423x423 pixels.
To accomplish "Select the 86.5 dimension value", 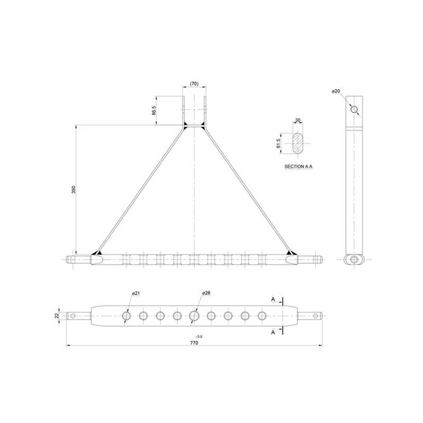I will [153, 111].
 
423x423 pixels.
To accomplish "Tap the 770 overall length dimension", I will [194, 342].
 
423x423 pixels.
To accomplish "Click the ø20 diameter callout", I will [336, 91].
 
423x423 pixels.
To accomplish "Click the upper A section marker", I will [273, 299].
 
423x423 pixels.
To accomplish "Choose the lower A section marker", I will [273, 332].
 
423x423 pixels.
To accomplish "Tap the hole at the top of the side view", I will [354, 109].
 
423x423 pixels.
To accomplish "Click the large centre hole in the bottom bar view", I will [195, 315].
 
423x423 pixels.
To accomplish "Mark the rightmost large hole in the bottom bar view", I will [262, 315].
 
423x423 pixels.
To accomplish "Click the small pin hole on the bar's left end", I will [74, 315].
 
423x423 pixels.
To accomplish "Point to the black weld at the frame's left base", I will [97, 253].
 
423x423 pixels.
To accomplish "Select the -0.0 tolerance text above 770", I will [199, 336].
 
